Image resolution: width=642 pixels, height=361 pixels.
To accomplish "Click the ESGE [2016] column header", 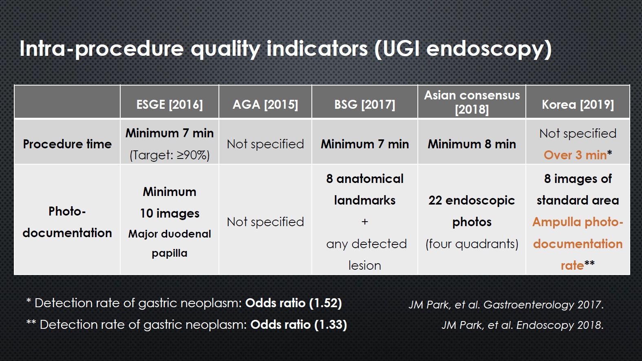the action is pos(170,105).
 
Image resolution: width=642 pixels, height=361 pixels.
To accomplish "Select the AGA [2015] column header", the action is pos(265,105).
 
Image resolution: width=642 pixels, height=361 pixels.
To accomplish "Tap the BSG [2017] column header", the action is pos(364,105).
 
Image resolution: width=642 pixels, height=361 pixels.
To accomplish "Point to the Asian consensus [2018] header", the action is pos(472,102).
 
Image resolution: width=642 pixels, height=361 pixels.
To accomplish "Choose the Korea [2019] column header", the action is pos(578,105).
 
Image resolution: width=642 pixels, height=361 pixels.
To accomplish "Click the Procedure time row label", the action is pos(67,144).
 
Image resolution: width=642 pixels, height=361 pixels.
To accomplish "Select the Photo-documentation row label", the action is pos(67,222).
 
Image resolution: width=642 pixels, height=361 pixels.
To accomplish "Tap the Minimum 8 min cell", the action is pos(472,144).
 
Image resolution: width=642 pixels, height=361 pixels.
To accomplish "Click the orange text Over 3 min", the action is pos(575,155).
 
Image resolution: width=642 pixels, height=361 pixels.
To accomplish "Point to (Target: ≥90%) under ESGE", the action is pos(170,155).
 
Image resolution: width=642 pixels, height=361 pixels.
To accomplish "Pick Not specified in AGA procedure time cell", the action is pos(265,144).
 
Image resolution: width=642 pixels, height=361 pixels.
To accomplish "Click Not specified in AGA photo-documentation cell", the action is pos(265,222).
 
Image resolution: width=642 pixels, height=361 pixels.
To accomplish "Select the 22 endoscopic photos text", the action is pos(472,211).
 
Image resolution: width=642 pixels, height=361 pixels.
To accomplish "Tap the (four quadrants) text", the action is pos(472,244).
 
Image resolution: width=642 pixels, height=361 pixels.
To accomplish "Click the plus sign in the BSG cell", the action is pos(364,222).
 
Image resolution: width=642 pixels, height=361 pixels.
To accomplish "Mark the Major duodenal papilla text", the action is pos(170,244).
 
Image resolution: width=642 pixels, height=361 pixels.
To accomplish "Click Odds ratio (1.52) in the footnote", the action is pos(293,303).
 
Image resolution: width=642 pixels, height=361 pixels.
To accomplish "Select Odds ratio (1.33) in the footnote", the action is pos(299,325).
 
